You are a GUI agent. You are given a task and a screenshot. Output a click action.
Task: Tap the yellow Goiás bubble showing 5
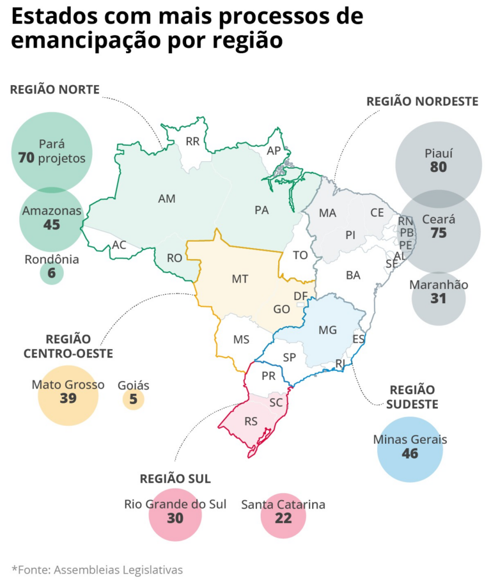(x=134, y=400)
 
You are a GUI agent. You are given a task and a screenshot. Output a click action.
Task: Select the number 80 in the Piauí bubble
(x=438, y=168)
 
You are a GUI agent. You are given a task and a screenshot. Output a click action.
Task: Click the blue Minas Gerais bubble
(x=410, y=450)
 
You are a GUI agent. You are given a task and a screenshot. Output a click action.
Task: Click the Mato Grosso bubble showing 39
(x=68, y=395)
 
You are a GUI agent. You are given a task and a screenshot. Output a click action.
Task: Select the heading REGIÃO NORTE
(x=55, y=90)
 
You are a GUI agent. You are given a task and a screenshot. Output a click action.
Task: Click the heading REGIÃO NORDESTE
(x=422, y=102)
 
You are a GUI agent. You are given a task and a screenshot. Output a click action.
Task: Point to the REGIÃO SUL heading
(x=175, y=479)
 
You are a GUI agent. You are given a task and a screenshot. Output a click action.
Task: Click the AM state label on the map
(x=166, y=199)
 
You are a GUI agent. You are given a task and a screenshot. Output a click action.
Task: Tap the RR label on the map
(x=192, y=141)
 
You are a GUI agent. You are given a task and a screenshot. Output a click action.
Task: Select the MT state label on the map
(x=240, y=279)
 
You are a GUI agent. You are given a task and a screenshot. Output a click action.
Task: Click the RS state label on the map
(x=252, y=421)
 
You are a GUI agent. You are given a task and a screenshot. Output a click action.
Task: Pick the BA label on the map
(x=353, y=275)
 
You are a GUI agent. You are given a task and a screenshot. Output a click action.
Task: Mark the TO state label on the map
(x=300, y=255)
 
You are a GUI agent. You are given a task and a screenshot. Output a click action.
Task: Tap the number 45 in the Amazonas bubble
(x=52, y=224)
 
